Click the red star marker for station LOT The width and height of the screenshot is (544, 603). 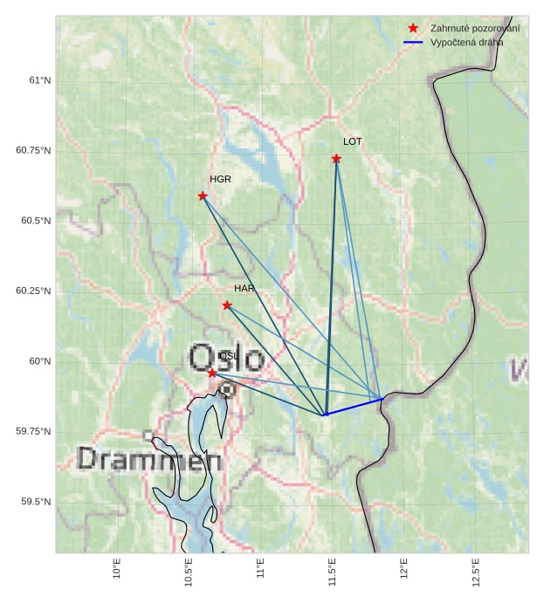[336, 159]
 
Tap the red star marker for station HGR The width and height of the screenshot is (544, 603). [203, 196]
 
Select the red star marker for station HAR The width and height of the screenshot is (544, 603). [227, 305]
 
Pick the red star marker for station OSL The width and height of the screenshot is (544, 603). [212, 373]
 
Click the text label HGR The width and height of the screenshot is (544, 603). [220, 179]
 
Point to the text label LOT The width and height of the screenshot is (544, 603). [353, 141]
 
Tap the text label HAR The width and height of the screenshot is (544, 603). [244, 288]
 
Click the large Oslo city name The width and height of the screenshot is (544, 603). [227, 358]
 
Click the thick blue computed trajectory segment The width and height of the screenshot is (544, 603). [354, 407]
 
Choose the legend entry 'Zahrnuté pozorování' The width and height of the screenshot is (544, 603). [475, 29]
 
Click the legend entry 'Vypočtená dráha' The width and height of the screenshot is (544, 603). [466, 42]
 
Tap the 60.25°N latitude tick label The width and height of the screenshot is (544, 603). [33, 291]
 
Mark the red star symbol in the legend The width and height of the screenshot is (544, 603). [413, 29]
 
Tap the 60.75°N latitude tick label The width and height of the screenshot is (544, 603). [33, 150]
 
